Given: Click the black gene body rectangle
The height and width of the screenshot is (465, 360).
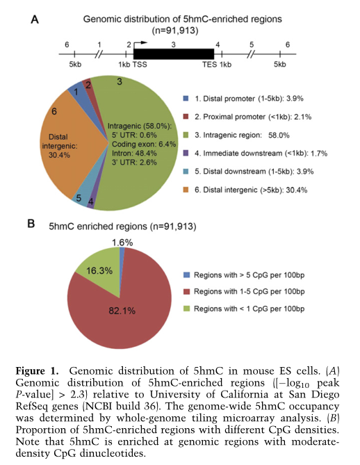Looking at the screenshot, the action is point(174,54).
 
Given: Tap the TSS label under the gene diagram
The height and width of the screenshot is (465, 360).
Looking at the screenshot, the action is point(140,65).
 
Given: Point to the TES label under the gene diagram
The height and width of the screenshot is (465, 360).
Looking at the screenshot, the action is point(210,65).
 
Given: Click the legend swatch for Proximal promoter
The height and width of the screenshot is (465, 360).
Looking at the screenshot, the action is point(186,117).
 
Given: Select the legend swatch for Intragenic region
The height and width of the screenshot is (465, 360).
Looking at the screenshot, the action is point(186,135).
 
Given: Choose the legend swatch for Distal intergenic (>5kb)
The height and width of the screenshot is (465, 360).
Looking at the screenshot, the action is point(186,190).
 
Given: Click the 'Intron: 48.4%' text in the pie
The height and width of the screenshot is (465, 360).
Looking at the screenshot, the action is point(134,154).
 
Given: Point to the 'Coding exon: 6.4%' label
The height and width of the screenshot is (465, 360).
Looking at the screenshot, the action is point(144,144).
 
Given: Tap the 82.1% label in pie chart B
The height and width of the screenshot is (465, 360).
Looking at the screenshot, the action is point(122,311).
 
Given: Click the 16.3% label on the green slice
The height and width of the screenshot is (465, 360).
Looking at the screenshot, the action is point(99,271).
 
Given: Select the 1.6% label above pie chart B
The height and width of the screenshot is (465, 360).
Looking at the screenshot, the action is point(122,243).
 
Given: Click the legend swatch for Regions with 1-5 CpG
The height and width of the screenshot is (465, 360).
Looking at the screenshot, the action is point(186,291).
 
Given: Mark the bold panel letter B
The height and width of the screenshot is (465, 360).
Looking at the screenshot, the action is point(31,224).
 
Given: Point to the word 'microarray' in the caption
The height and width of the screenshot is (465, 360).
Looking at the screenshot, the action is point(249,418).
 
